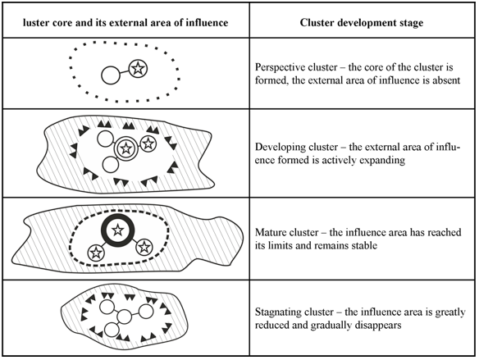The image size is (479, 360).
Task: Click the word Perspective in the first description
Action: point(278,68)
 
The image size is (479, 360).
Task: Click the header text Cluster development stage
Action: point(362,23)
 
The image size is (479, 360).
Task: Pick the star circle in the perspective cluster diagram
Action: point(138,69)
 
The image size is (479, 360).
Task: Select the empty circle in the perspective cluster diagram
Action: point(111,75)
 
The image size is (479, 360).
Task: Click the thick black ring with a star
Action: point(117,230)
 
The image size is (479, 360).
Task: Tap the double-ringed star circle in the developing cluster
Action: point(125,148)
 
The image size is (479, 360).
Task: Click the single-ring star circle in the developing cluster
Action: point(148,144)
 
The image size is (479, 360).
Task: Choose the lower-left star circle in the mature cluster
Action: point(96,253)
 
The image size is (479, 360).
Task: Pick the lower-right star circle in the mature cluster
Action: point(144,247)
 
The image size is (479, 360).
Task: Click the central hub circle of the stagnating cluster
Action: point(124,317)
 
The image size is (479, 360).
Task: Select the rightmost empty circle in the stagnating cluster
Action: point(146,312)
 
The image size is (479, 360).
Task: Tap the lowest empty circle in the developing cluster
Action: point(110,165)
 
